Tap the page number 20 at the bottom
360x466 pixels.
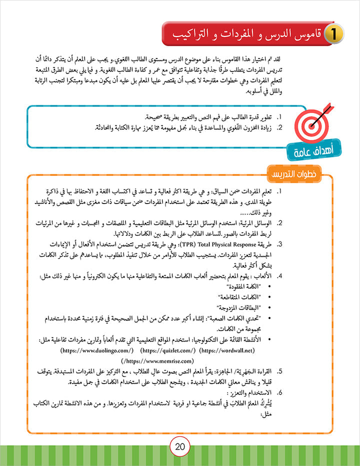(180, 446)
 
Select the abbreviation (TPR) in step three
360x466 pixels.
(257, 245)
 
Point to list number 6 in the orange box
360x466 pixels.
(279, 393)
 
